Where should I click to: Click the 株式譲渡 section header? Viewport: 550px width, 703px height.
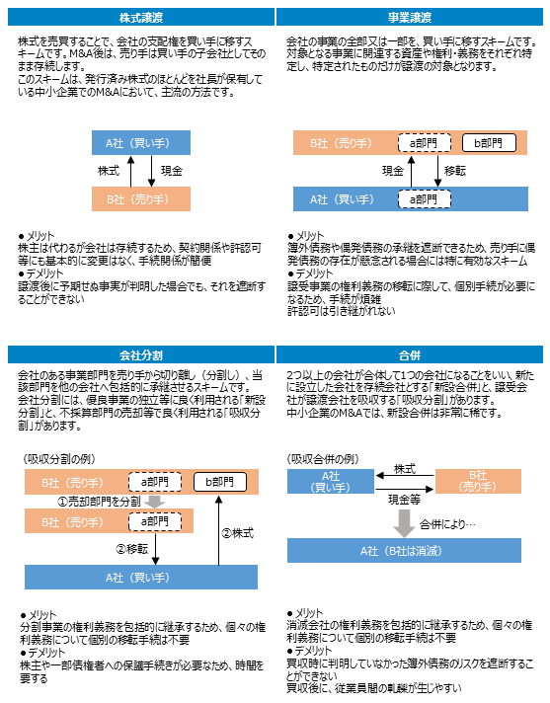coord(141,18)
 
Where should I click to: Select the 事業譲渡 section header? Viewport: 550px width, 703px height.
coord(409,18)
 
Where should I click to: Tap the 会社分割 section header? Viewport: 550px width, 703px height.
coord(141,355)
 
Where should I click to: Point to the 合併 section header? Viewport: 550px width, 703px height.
coord(409,355)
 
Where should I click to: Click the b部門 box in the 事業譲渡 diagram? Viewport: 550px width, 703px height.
coord(489,143)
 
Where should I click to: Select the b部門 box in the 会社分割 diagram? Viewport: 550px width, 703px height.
coord(220,482)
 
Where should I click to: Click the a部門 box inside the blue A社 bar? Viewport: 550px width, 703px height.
coord(424,199)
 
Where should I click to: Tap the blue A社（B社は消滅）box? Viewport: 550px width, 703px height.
coord(404,550)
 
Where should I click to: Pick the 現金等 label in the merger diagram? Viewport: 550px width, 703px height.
coord(404,499)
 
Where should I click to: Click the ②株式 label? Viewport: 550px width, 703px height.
coord(238,533)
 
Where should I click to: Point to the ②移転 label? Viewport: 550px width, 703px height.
coord(131,549)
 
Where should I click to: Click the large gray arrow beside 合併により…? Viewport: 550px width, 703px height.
coord(404,523)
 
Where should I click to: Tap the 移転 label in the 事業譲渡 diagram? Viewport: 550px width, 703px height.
coord(455,171)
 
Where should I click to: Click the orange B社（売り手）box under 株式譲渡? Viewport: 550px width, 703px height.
coord(141,199)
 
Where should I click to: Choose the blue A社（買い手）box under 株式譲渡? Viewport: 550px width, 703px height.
coord(141,142)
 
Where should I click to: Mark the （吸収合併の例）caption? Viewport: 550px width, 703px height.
coord(323,459)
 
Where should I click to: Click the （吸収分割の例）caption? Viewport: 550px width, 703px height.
coord(59,459)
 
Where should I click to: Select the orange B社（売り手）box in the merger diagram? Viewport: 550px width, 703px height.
coord(478,481)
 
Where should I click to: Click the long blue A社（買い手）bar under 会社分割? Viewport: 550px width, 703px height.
coord(141,577)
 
